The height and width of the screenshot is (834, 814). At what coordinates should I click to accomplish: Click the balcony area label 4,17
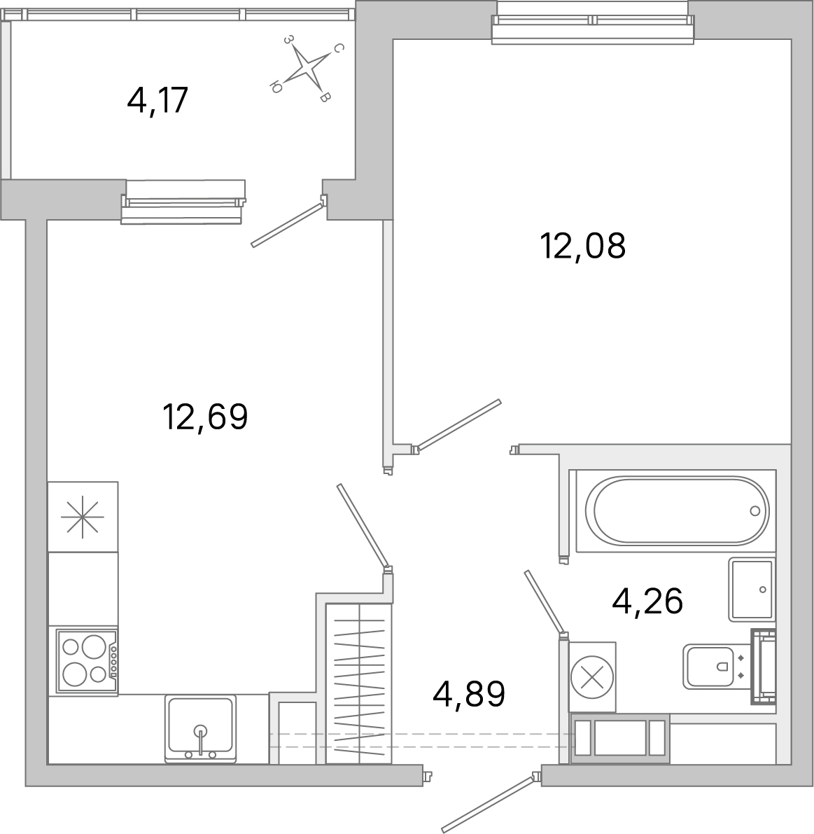[158, 100]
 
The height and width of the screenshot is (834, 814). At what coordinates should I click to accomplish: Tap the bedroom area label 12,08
[582, 246]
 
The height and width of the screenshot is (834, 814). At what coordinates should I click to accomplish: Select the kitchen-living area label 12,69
[205, 417]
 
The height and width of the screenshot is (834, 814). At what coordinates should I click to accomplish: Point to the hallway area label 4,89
[469, 694]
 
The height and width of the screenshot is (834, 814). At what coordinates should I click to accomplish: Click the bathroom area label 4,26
[647, 600]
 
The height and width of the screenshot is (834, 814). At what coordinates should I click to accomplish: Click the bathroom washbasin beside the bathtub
[752, 589]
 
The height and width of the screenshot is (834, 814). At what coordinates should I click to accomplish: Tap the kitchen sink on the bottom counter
[200, 728]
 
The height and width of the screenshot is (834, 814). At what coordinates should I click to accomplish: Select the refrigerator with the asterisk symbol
[83, 517]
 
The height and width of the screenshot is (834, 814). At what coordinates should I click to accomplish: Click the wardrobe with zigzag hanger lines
[359, 683]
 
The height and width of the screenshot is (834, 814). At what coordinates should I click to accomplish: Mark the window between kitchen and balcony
[183, 202]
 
